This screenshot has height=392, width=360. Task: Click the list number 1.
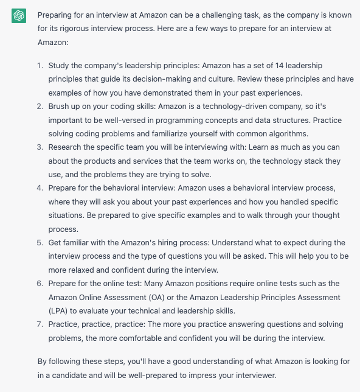[40, 65]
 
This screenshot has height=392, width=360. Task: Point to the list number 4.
[40, 188]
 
